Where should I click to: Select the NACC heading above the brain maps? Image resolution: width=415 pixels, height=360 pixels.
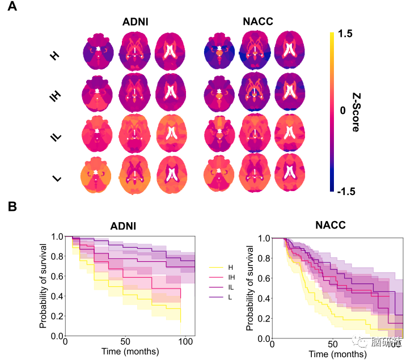tap(257, 22)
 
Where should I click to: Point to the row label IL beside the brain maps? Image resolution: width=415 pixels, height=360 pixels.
tap(55, 137)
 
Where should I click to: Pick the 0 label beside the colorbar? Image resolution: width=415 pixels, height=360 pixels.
tap(342, 112)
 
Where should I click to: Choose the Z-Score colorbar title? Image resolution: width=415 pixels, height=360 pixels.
tap(355, 112)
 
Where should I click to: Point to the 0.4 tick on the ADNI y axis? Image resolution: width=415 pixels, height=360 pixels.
tap(57, 297)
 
